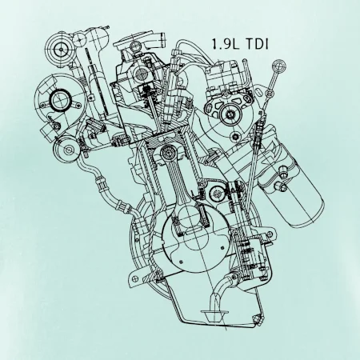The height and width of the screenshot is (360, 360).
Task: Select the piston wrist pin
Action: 168,153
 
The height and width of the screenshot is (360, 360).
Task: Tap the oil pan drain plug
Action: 258,318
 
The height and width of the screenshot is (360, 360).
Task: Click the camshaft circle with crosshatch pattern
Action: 141,72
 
